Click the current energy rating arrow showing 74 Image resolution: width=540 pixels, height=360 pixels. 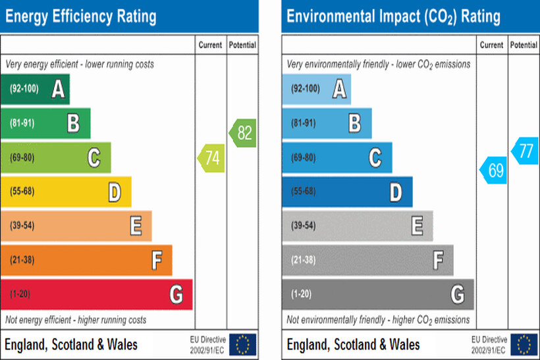pos(211,158)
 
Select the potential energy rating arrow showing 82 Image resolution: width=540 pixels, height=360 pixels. pos(243,133)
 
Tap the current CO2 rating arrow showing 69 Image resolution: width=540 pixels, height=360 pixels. pos(494,170)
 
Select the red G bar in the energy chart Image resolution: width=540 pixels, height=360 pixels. pos(96,294)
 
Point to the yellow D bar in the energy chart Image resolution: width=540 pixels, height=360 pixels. pos(66,192)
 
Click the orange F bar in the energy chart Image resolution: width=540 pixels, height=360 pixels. pos(86,260)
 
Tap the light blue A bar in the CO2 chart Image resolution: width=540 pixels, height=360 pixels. pos(316,89)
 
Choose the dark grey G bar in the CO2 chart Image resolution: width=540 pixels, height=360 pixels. pos(377,294)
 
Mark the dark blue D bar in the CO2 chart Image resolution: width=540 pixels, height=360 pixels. pos(347,192)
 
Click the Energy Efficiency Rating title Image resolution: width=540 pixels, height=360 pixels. pos(81,16)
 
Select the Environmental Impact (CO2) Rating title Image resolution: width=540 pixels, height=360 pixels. pos(393,16)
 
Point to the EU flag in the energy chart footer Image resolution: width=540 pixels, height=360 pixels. pos(243,344)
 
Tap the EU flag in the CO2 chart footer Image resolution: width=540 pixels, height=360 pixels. pos(524,344)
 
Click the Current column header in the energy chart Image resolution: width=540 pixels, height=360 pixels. pos(211,45)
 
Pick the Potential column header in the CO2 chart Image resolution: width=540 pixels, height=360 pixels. pos(524,45)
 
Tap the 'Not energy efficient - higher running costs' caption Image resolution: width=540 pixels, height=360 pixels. pos(76,320)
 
